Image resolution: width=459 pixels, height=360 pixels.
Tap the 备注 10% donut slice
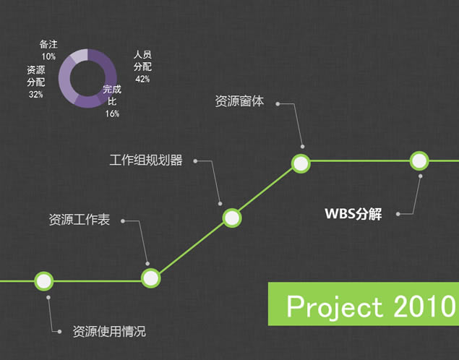[79, 56]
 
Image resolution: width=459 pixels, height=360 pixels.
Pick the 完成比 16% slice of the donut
[90, 101]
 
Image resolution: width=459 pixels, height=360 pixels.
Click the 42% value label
[142, 79]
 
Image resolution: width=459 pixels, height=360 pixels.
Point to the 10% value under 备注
[48, 56]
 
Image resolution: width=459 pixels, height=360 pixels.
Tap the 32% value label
[36, 94]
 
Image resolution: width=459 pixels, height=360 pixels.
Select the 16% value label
[113, 113]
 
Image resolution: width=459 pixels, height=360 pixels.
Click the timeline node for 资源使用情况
[44, 281]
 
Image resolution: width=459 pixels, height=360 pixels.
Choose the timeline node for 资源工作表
[151, 278]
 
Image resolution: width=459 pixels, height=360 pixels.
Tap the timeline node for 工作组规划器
[232, 218]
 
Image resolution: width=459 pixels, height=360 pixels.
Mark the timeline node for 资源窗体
[301, 163]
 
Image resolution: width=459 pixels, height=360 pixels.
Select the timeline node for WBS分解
[419, 160]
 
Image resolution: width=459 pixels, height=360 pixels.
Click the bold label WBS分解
[353, 214]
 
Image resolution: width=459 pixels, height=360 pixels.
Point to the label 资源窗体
[239, 101]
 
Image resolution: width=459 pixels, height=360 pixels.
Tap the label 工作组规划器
[146, 160]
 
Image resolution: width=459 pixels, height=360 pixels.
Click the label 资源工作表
[79, 220]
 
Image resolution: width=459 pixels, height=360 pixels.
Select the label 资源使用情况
[109, 332]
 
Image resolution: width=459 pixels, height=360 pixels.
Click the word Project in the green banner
[335, 307]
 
